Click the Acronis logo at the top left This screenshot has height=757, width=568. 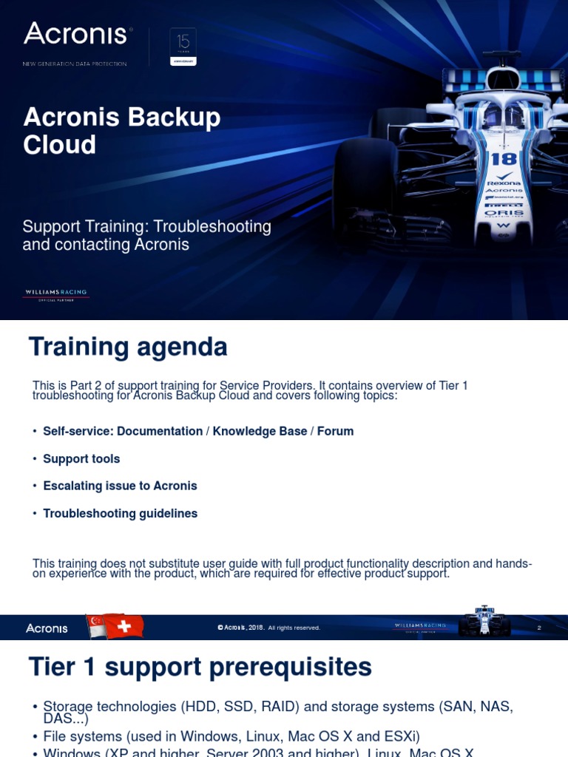(x=77, y=34)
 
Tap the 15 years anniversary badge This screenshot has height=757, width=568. (x=183, y=47)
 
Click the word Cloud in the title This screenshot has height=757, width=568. (x=59, y=145)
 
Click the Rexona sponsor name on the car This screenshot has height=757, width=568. (x=504, y=183)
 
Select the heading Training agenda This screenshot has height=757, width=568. (x=127, y=346)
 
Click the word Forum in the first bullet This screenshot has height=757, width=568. (x=335, y=431)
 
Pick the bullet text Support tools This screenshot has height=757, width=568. (x=81, y=459)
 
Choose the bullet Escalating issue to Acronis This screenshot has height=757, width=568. (x=120, y=486)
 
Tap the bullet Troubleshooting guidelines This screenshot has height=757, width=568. (x=120, y=513)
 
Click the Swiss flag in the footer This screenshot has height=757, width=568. (x=124, y=627)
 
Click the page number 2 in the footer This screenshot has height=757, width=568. (x=539, y=628)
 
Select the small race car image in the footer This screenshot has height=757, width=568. (x=484, y=622)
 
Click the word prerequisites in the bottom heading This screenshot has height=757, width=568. (x=290, y=667)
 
